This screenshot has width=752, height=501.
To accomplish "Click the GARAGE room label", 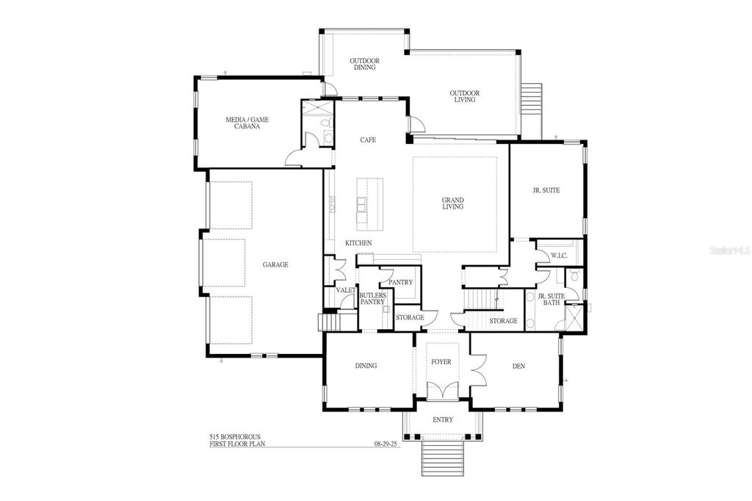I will coord(275,265).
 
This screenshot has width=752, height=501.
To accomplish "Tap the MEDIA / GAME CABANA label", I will coord(242,123).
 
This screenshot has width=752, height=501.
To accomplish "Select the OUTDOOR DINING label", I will coord(363,64).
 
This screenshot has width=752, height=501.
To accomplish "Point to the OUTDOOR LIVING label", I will coord(464,96).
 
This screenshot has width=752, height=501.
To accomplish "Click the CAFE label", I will coord(368,140).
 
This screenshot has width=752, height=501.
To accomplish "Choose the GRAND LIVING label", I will coord(452,203).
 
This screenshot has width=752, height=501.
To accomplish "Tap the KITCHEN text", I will coord(358,243).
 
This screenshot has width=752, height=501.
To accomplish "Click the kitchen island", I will coord(371,205).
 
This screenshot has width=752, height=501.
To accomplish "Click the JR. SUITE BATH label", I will coord(551,299).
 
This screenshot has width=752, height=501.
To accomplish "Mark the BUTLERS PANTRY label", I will coord(372,298).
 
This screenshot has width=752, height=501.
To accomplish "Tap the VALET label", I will coord(346,290).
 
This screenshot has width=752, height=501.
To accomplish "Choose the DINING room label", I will coord(365,366).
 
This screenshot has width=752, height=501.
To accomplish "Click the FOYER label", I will coord(441,362).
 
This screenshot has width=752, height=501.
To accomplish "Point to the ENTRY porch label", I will coord(442,419).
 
